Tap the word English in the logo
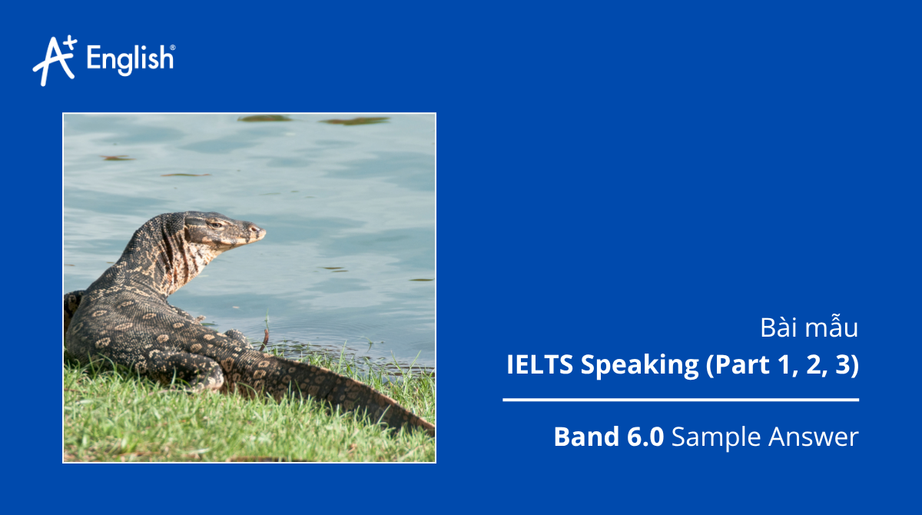[x=131, y=60]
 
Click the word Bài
[x=778, y=328]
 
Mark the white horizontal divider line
[x=681, y=400]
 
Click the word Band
[x=584, y=437]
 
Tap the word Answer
[x=812, y=438]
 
